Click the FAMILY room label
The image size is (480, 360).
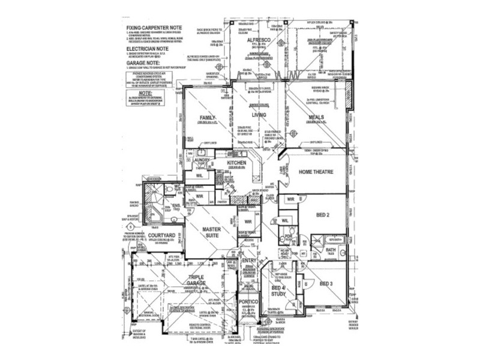tap(208, 118)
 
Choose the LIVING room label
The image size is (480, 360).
tap(259, 115)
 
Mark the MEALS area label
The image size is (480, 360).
tap(316, 118)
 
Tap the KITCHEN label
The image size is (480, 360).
tap(236, 163)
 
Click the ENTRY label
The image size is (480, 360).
tap(249, 261)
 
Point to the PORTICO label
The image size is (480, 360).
tap(248, 301)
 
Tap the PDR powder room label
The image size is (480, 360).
tap(289, 237)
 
